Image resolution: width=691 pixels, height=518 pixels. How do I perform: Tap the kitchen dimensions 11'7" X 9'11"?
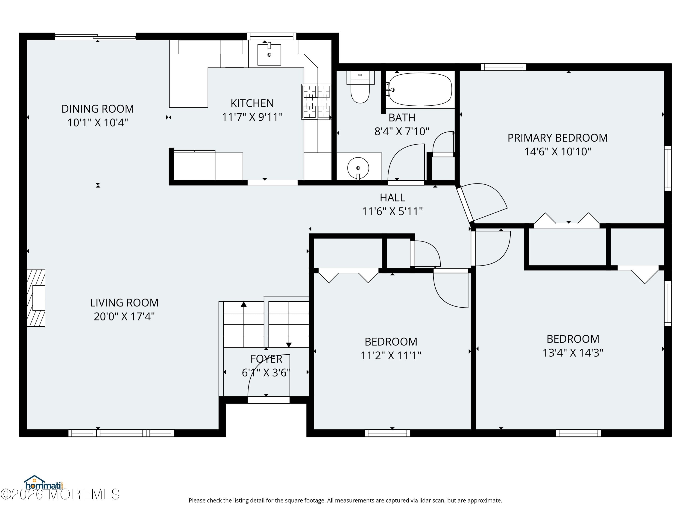coord(252,117)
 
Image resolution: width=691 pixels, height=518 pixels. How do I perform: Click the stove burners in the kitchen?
coord(316,102)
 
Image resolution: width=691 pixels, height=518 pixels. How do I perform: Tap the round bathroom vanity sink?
coord(358,168)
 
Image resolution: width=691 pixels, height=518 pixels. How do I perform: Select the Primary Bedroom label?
coord(557,138)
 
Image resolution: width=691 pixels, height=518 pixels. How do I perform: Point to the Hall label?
coord(392,198)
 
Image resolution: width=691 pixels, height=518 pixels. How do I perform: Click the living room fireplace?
coord(36,297)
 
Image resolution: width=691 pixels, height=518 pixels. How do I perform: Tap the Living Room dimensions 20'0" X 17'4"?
coord(124,317)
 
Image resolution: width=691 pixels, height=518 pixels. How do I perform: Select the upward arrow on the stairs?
coord(244,304)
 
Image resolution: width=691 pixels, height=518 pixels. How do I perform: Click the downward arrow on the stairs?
coord(289,345)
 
